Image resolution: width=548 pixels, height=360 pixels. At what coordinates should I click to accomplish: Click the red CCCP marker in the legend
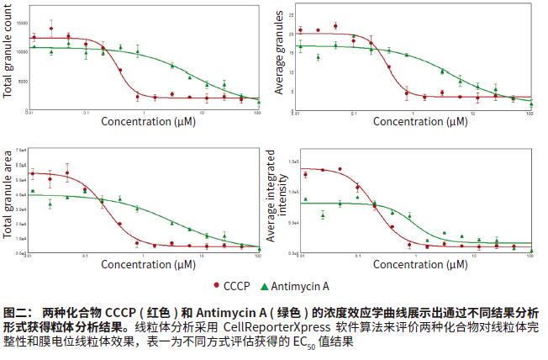[218, 285]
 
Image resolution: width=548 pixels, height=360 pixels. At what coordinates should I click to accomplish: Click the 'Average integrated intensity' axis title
[277, 199]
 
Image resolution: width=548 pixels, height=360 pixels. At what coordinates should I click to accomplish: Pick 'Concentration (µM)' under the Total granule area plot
[149, 264]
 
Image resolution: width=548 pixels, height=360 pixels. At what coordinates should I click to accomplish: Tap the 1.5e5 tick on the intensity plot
[295, 160]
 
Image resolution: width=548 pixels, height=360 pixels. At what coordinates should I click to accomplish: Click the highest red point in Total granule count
[51, 29]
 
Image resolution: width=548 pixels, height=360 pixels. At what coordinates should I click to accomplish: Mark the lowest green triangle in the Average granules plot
[530, 103]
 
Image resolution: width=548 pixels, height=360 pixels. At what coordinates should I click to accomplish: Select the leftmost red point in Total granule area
[33, 174]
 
